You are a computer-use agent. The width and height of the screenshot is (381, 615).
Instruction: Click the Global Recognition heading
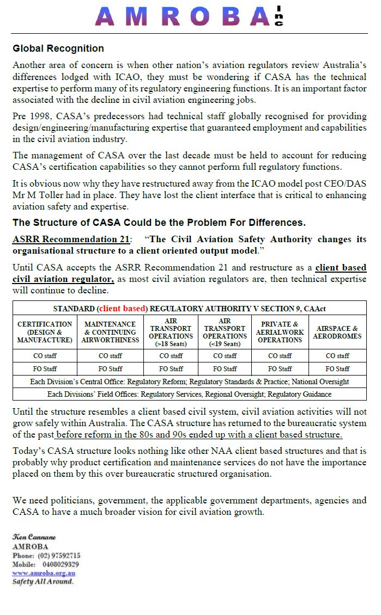pyautogui.click(x=58, y=49)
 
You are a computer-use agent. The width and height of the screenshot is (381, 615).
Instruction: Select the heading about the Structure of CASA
pyautogui.click(x=159, y=223)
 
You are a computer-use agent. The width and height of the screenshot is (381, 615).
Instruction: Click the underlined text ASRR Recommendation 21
pyautogui.click(x=71, y=239)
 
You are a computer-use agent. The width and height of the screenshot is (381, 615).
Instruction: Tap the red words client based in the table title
pyautogui.click(x=123, y=309)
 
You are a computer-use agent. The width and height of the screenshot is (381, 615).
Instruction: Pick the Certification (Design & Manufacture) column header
pyautogui.click(x=45, y=332)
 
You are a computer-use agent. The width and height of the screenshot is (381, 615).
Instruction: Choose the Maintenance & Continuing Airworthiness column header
pyautogui.click(x=110, y=332)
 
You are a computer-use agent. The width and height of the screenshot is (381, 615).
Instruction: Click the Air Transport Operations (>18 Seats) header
pyautogui.click(x=171, y=332)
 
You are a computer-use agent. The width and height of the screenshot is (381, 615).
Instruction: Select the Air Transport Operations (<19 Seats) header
pyautogui.click(x=225, y=332)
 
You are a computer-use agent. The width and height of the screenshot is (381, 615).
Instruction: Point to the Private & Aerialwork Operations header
pyautogui.click(x=280, y=332)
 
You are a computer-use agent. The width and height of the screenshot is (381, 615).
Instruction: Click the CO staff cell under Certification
pyautogui.click(x=45, y=356)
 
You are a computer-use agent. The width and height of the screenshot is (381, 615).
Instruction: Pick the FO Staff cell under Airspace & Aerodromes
pyautogui.click(x=337, y=369)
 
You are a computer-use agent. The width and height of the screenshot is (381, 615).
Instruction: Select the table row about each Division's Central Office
pyautogui.click(x=189, y=382)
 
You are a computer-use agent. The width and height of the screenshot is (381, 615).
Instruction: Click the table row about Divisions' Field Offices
pyautogui.click(x=189, y=393)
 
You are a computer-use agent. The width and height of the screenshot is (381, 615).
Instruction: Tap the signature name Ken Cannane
pyautogui.click(x=34, y=537)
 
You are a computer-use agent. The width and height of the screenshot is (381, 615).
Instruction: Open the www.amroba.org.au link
pyautogui.click(x=44, y=573)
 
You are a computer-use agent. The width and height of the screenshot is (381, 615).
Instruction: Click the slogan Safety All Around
pyautogui.click(x=43, y=581)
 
